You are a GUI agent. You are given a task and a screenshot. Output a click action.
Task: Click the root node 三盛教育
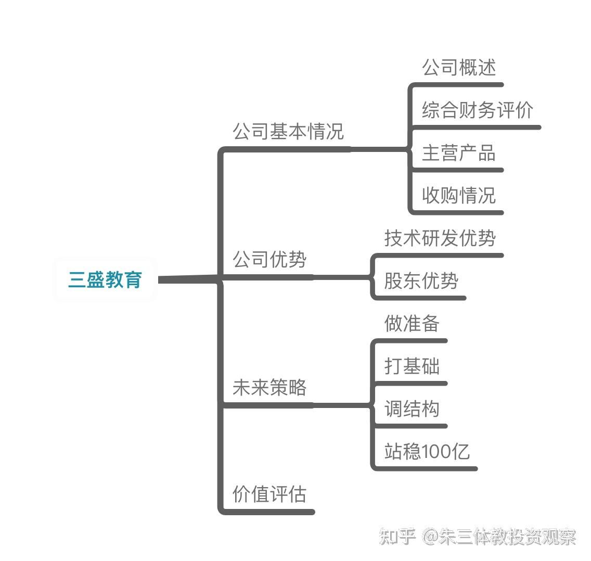[x=105, y=280]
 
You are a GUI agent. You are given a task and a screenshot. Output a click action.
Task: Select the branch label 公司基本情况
[x=288, y=131]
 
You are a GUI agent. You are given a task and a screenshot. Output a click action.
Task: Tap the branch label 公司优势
[x=269, y=259]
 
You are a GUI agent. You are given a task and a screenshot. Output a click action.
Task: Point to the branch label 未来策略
[x=269, y=387]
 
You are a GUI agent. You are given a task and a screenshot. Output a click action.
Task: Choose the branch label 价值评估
[x=269, y=494]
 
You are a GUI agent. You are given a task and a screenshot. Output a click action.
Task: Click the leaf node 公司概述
[x=458, y=68]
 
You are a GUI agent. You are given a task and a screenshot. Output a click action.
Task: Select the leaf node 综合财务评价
[x=477, y=110]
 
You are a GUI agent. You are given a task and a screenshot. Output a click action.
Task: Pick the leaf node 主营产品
[x=458, y=153]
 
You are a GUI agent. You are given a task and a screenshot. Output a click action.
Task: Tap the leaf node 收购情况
[x=458, y=196]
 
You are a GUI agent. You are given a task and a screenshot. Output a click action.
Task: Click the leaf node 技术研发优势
[x=440, y=238]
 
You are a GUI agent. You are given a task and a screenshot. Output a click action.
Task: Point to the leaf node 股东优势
[x=421, y=281]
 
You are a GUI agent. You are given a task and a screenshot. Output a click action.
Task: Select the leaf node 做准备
[x=412, y=324]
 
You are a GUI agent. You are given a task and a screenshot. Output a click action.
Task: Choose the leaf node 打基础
[x=412, y=366]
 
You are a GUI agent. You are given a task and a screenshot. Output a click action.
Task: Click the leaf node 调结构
[x=412, y=409]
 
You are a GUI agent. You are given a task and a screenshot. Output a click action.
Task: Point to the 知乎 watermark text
[x=397, y=537]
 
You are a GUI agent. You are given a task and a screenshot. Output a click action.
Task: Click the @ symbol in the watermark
[x=429, y=537]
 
